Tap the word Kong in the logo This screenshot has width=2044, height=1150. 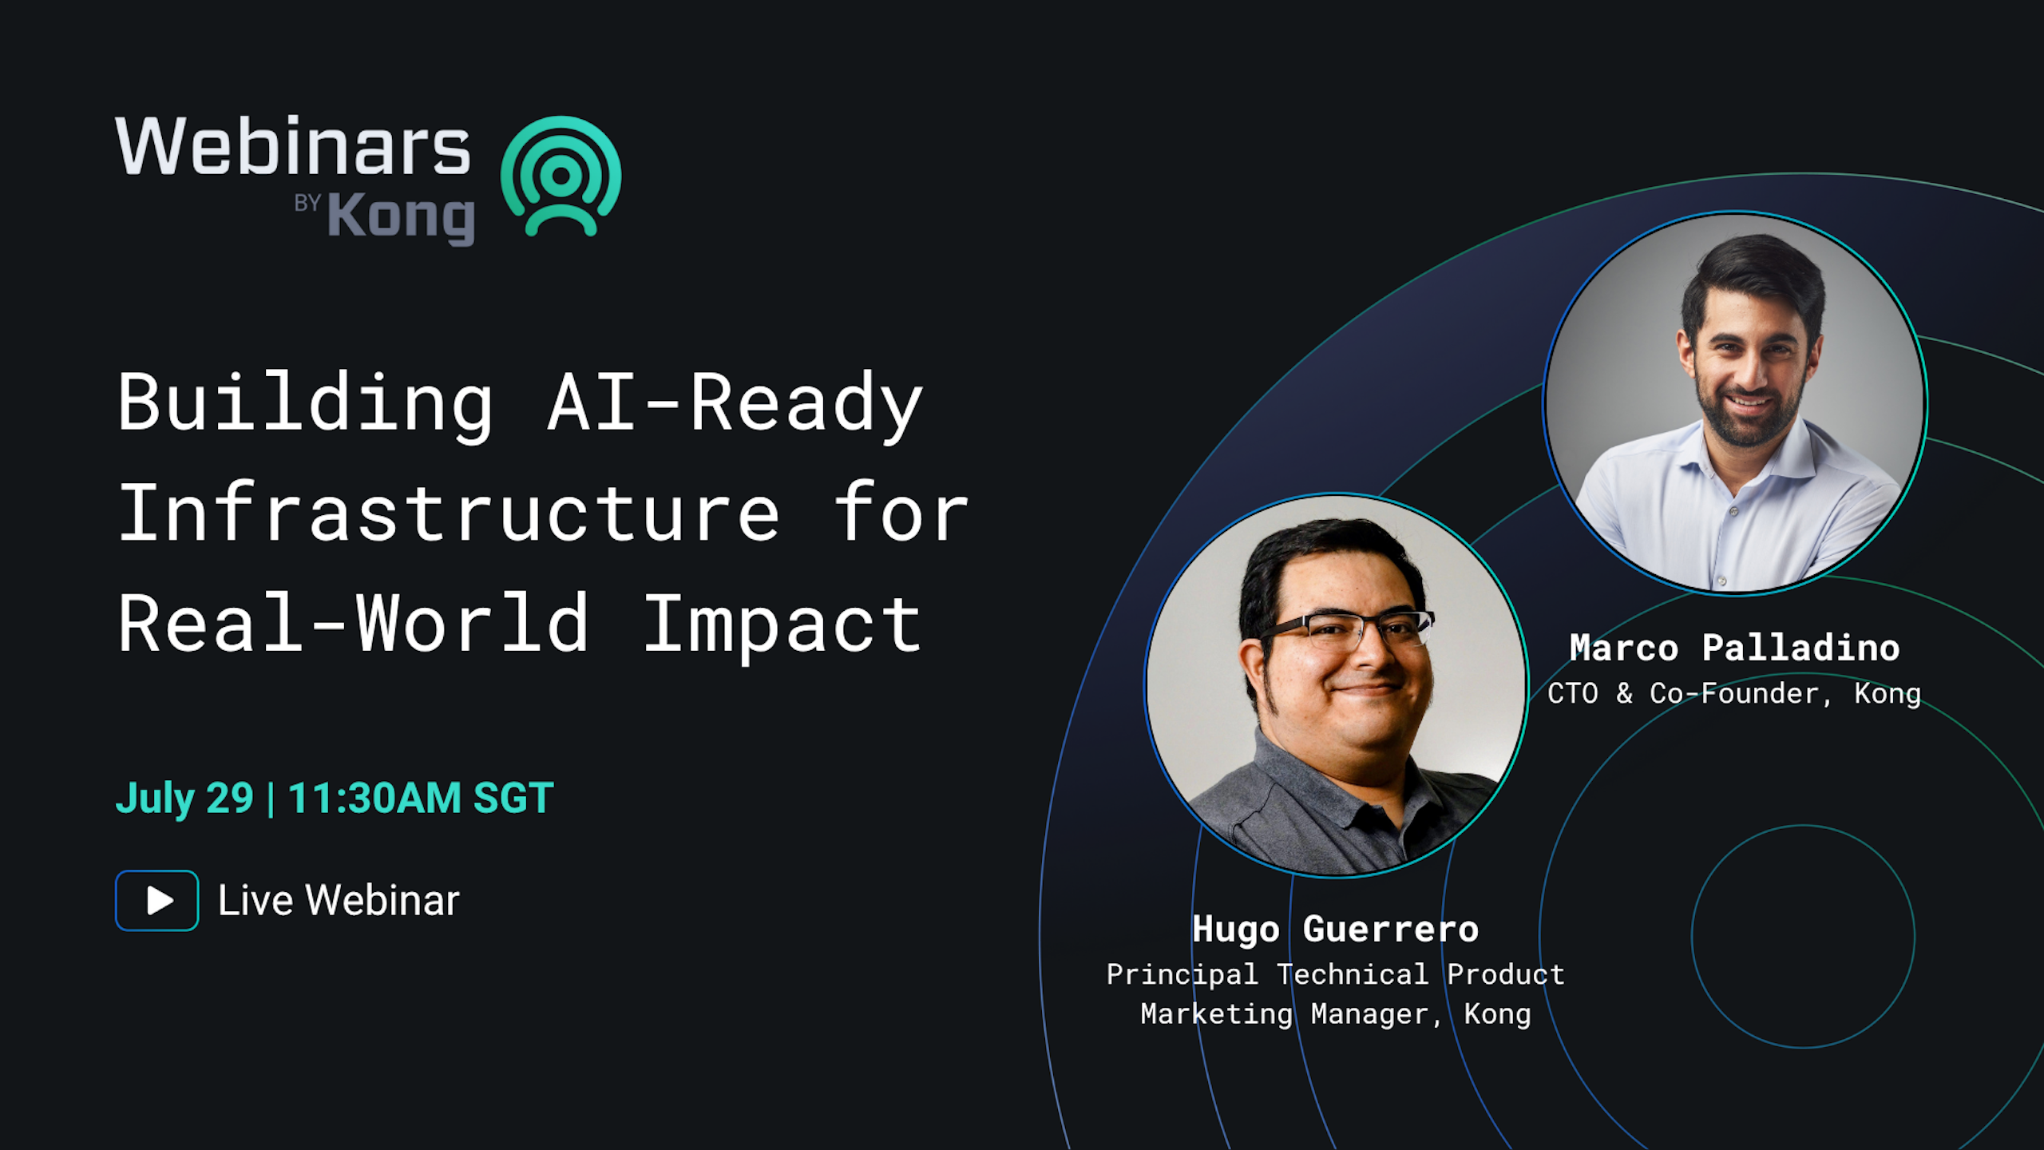tap(401, 217)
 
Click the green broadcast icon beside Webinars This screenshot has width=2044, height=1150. tap(561, 176)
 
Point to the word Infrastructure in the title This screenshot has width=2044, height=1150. tap(449, 514)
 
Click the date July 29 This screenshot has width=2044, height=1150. tap(184, 798)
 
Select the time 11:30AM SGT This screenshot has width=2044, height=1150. tap(421, 798)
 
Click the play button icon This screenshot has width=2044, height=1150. tap(157, 900)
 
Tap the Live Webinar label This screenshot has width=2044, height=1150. tap(339, 901)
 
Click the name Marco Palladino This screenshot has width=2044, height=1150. tap(1734, 648)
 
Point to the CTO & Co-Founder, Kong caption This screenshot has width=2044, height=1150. tap(1734, 693)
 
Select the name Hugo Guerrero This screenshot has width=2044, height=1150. tap(1335, 929)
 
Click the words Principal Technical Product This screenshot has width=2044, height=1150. tap(1335, 974)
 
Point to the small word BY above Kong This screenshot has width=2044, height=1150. tap(307, 203)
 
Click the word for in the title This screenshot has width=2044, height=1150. tap(901, 514)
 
